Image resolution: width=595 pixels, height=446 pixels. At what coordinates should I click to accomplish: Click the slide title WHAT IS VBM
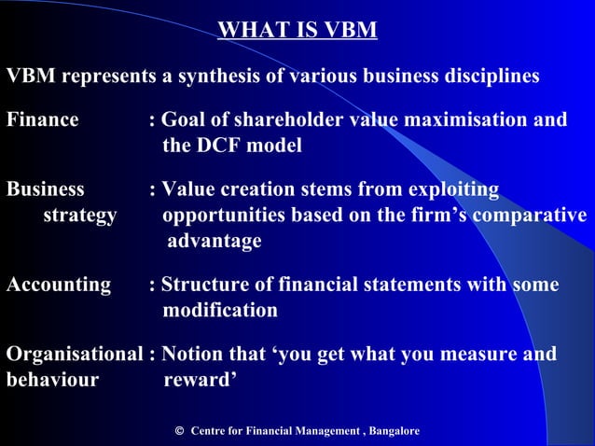click(297, 31)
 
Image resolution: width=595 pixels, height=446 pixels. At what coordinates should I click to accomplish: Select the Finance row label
click(43, 120)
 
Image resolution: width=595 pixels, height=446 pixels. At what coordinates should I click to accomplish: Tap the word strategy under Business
click(80, 216)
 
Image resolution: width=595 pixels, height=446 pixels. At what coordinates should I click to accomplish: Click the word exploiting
click(451, 190)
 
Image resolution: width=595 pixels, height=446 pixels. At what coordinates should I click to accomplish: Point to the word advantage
click(214, 241)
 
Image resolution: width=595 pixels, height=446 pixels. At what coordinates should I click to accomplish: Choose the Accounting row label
click(59, 285)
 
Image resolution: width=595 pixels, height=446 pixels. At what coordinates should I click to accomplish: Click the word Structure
click(203, 285)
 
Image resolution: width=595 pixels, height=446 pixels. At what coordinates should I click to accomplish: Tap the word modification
click(219, 310)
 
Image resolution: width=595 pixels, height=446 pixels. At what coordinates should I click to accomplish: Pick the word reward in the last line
click(201, 380)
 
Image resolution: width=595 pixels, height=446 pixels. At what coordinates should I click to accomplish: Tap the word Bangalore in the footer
click(394, 431)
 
